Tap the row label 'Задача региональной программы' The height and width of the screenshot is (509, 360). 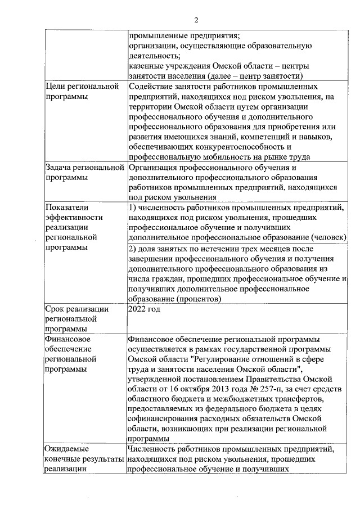pyautogui.click(x=84, y=173)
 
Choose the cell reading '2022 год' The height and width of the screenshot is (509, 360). pyautogui.click(x=145, y=309)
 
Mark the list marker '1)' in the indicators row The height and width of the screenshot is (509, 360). pyautogui.click(x=133, y=207)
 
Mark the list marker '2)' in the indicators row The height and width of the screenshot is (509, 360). pyautogui.click(x=133, y=248)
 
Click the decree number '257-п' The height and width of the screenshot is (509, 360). pyautogui.click(x=258, y=389)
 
